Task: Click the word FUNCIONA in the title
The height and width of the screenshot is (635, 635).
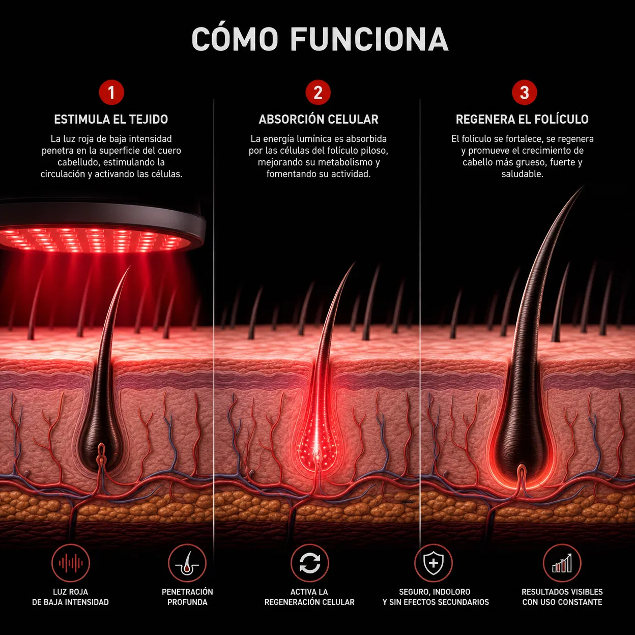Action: (369, 39)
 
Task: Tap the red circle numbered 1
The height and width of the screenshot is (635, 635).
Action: (111, 93)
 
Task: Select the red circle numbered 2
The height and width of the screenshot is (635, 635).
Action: (317, 93)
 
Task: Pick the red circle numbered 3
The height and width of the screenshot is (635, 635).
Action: (524, 93)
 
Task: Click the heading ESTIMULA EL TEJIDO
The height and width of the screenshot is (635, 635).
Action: (111, 119)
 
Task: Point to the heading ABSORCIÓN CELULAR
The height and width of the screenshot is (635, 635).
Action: (319, 119)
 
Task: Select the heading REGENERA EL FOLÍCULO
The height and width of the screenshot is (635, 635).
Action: (522, 119)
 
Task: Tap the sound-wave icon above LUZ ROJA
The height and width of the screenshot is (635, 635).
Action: (71, 563)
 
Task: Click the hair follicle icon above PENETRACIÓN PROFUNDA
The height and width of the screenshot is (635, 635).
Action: (187, 563)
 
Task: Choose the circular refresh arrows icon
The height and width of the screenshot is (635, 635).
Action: (310, 563)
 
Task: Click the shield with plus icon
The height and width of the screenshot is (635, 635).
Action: (434, 563)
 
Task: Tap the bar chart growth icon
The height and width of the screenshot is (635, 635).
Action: (562, 563)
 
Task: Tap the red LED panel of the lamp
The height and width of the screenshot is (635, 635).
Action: (96, 239)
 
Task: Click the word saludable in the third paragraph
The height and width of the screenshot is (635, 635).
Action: (523, 174)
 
